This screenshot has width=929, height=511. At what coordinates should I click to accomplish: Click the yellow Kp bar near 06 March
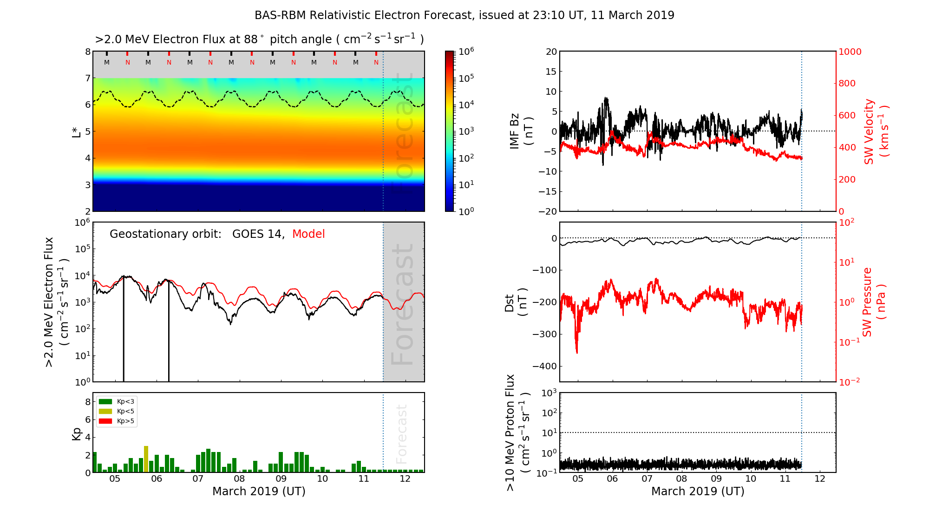146,459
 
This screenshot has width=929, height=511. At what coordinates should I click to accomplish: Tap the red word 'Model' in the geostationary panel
308,234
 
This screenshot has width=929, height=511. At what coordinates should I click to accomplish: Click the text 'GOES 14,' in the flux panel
258,234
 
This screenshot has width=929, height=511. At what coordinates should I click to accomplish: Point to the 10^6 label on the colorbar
466,52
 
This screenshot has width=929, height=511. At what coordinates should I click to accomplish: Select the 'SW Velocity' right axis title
869,131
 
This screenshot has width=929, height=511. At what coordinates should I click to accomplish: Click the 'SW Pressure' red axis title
868,302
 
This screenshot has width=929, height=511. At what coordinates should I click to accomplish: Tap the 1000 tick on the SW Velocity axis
850,52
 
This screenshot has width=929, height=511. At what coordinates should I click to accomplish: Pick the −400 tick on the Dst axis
545,366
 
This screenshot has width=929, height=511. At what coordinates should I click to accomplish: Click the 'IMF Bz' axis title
515,131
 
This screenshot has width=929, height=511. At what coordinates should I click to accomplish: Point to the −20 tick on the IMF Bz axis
548,211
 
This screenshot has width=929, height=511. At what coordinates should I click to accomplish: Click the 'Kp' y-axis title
77,433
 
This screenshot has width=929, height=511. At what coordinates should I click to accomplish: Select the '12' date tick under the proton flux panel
820,479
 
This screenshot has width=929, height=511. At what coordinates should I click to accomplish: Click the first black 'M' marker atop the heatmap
107,62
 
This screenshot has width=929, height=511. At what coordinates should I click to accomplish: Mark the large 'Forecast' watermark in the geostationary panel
402,304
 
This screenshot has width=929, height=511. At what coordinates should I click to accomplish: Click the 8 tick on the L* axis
88,52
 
